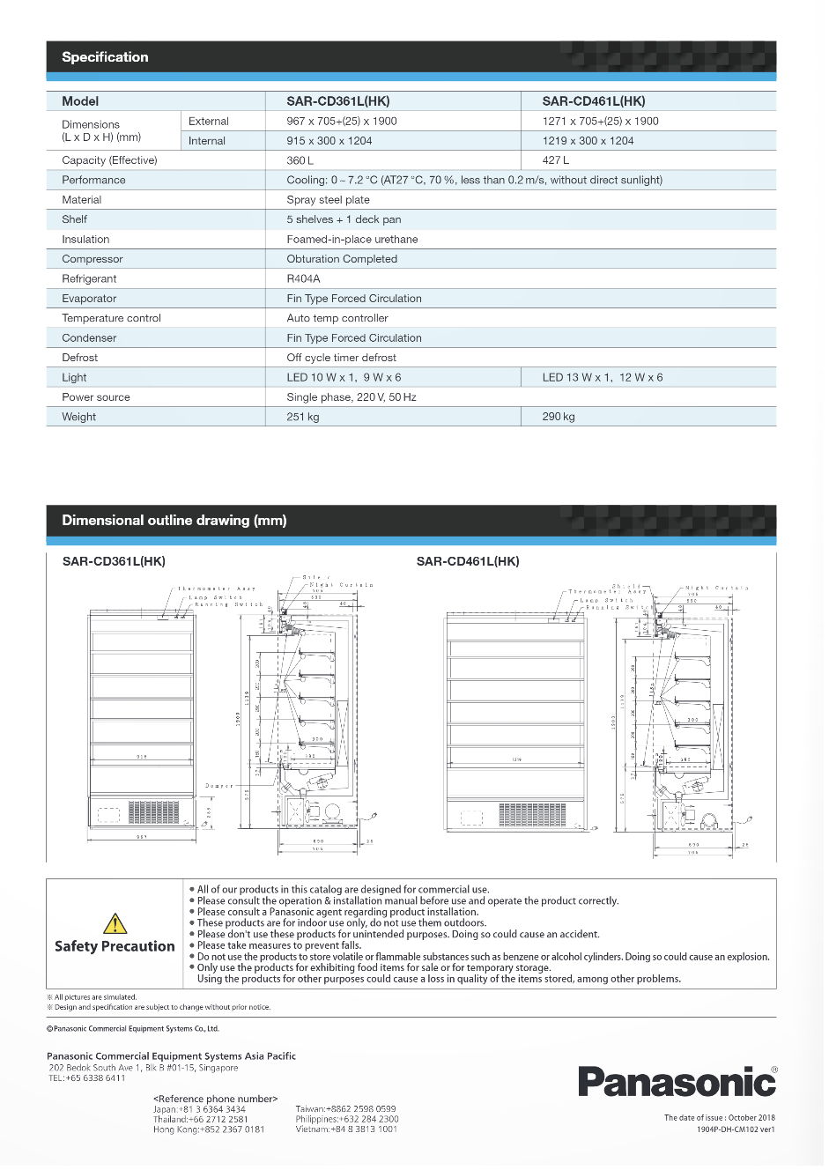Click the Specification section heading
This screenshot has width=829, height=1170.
click(x=105, y=57)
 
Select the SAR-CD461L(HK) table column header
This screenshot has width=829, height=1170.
click(x=593, y=101)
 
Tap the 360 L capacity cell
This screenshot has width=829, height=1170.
click(x=300, y=160)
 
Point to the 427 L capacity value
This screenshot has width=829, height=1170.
click(x=555, y=160)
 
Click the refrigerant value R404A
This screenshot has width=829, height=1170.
click(x=303, y=278)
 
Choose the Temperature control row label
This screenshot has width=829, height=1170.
click(x=111, y=318)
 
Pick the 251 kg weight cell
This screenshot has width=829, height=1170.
click(x=302, y=417)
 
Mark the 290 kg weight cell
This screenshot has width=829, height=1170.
click(x=558, y=417)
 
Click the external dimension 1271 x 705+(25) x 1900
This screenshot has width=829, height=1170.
click(x=600, y=122)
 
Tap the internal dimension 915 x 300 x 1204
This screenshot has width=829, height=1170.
click(x=329, y=141)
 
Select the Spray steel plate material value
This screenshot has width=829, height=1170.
click(x=328, y=200)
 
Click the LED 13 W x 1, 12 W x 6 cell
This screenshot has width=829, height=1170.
click(x=602, y=377)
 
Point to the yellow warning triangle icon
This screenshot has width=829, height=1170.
click(x=115, y=923)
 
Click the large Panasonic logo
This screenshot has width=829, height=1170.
click(x=677, y=1081)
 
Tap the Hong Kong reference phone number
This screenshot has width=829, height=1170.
click(x=209, y=1129)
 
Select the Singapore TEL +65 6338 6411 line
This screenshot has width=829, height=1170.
click(x=86, y=1077)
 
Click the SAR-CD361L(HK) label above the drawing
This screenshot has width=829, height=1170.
click(x=114, y=561)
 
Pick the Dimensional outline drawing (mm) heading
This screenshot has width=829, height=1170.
click(x=174, y=521)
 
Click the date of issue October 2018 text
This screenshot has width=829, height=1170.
click(x=719, y=1118)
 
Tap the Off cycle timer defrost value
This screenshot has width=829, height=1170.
click(x=341, y=358)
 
